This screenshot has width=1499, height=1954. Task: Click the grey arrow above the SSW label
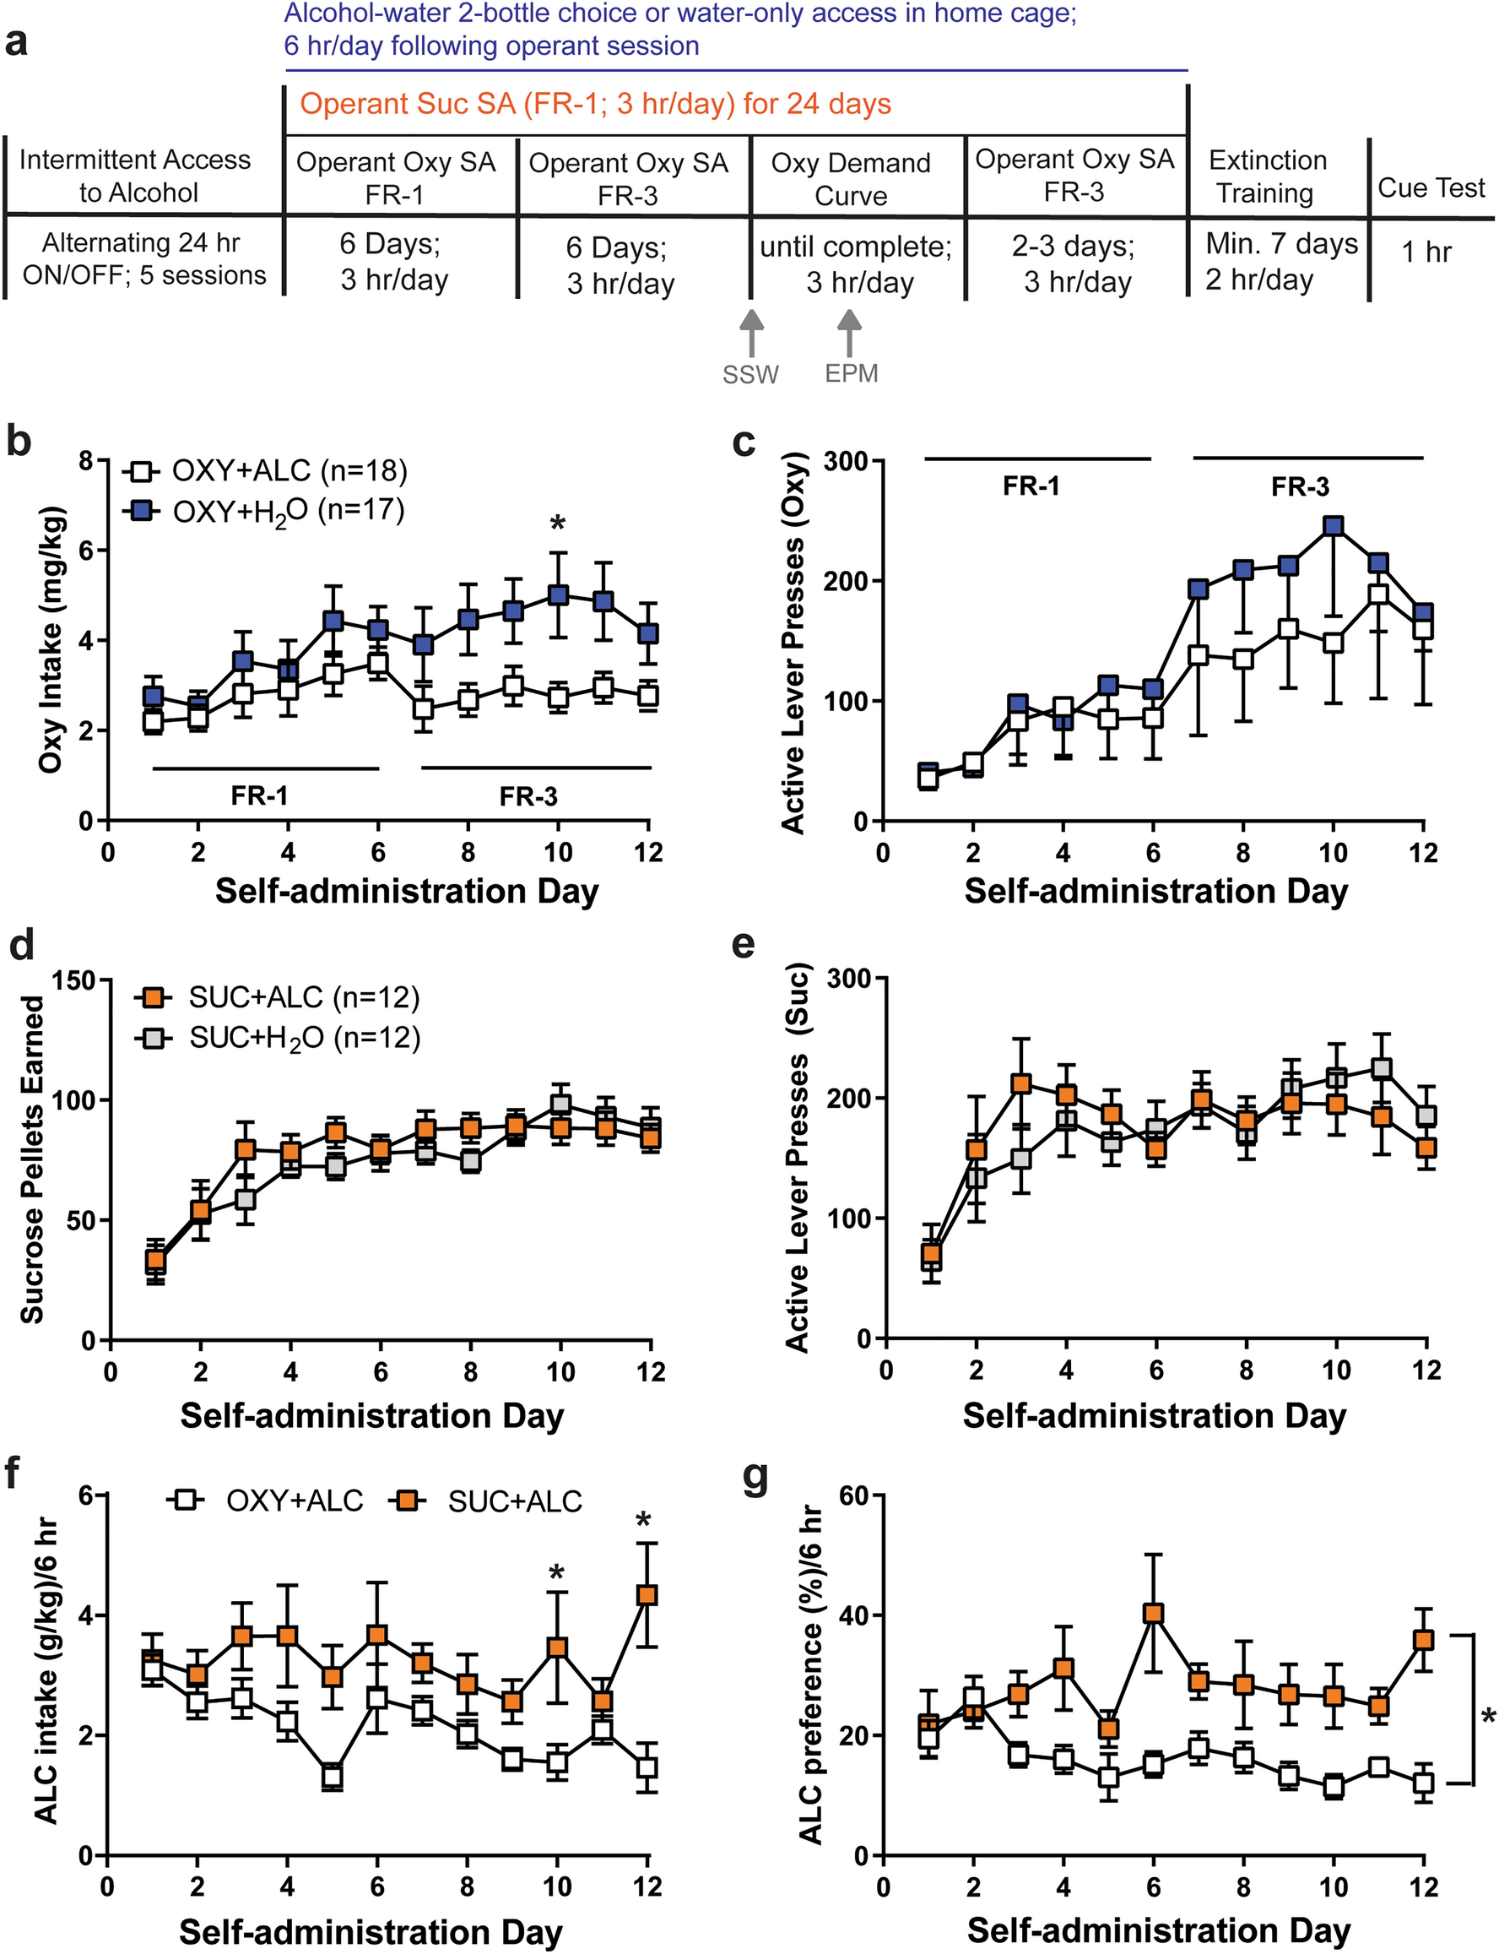click(x=751, y=333)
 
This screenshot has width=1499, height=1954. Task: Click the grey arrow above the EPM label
click(x=849, y=333)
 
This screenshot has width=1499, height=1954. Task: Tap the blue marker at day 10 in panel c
click(x=1333, y=526)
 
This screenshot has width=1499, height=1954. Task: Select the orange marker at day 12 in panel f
click(x=647, y=1594)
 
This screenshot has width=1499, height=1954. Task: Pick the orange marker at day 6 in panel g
click(x=1153, y=1613)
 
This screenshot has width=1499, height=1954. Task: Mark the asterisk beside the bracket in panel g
click(x=1486, y=1717)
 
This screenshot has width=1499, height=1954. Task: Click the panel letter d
click(x=21, y=944)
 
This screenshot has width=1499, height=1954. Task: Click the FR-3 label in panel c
click(x=1299, y=486)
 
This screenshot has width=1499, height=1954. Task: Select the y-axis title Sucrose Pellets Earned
click(x=32, y=1159)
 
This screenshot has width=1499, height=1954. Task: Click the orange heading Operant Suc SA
click(x=595, y=104)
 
